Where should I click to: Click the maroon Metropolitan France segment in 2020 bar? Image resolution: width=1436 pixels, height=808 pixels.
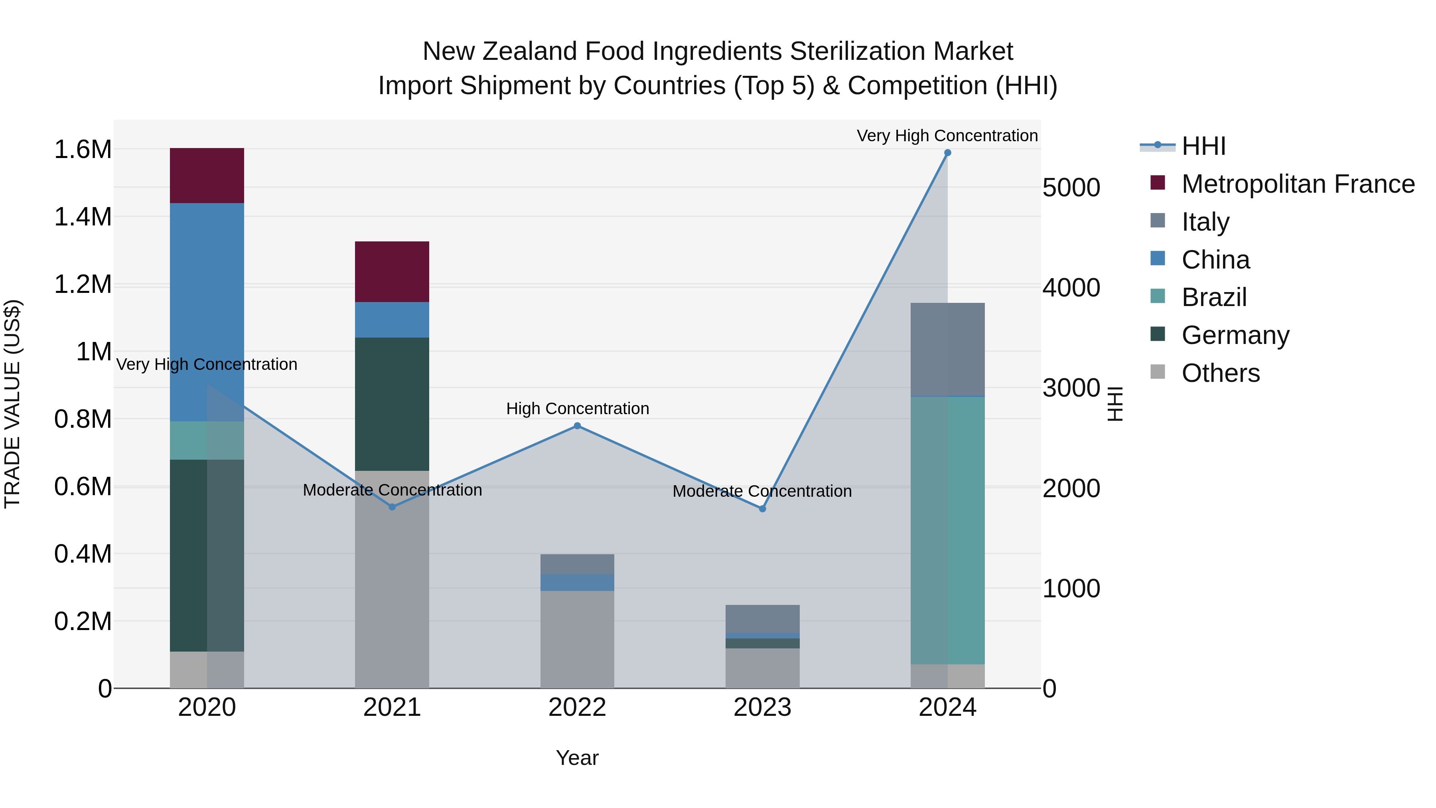click(x=207, y=176)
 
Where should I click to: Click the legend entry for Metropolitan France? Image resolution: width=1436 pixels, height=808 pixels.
click(x=1298, y=184)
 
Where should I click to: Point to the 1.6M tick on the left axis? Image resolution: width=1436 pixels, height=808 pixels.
click(x=83, y=150)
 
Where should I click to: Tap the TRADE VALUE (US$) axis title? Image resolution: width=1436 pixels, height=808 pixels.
click(x=12, y=404)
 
